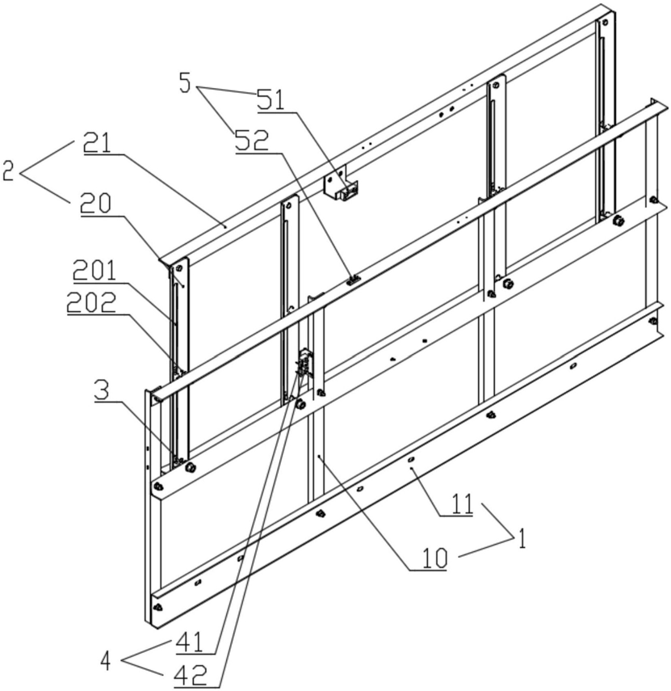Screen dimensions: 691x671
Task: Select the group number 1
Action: (x=522, y=537)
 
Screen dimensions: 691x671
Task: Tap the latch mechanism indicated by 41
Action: (x=304, y=363)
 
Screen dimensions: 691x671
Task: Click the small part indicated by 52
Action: (x=351, y=280)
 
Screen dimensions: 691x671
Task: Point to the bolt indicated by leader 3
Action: (x=191, y=467)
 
